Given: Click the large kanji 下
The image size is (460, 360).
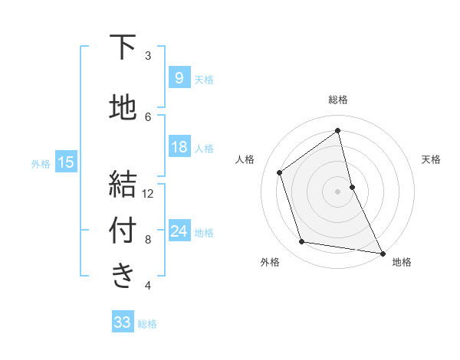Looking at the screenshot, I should click(x=123, y=47).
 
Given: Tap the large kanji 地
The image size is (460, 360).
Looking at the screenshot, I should click(x=123, y=106).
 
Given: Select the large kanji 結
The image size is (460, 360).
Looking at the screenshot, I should click(x=123, y=185).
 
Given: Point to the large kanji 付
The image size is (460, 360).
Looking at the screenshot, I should click(x=123, y=231).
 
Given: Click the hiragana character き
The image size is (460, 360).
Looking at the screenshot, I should click(x=123, y=277).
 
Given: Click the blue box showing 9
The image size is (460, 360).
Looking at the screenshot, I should click(x=178, y=77).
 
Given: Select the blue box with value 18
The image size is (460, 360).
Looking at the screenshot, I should click(x=178, y=148).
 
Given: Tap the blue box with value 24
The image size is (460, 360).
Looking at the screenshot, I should click(x=178, y=231).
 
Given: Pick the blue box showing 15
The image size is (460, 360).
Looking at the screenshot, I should click(x=65, y=162).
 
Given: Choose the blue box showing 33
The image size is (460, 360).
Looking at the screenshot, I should click(x=122, y=322).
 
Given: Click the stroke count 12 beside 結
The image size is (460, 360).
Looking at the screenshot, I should click(x=148, y=193).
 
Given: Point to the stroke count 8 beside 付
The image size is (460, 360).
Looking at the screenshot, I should click(x=148, y=240).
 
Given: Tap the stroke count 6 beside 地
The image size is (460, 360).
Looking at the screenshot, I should click(x=148, y=116).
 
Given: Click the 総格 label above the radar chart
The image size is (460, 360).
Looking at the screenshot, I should click(x=338, y=100).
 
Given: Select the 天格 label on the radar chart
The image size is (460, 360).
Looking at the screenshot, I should click(x=431, y=159).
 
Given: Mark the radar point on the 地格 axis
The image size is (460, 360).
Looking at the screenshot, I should click(x=382, y=253).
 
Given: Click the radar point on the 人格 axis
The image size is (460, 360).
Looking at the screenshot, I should click(x=280, y=172).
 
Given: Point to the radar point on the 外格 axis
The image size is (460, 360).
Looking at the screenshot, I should click(x=302, y=242).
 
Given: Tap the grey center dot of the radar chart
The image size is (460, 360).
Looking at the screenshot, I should click(x=337, y=191).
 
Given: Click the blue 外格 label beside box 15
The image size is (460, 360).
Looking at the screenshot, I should click(x=41, y=163).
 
